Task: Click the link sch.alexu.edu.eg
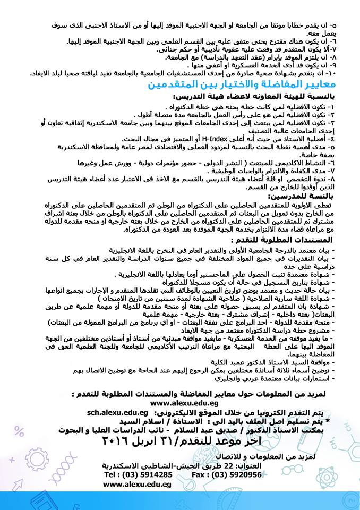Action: pos(116,412)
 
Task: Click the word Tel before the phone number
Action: pos(112,474)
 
